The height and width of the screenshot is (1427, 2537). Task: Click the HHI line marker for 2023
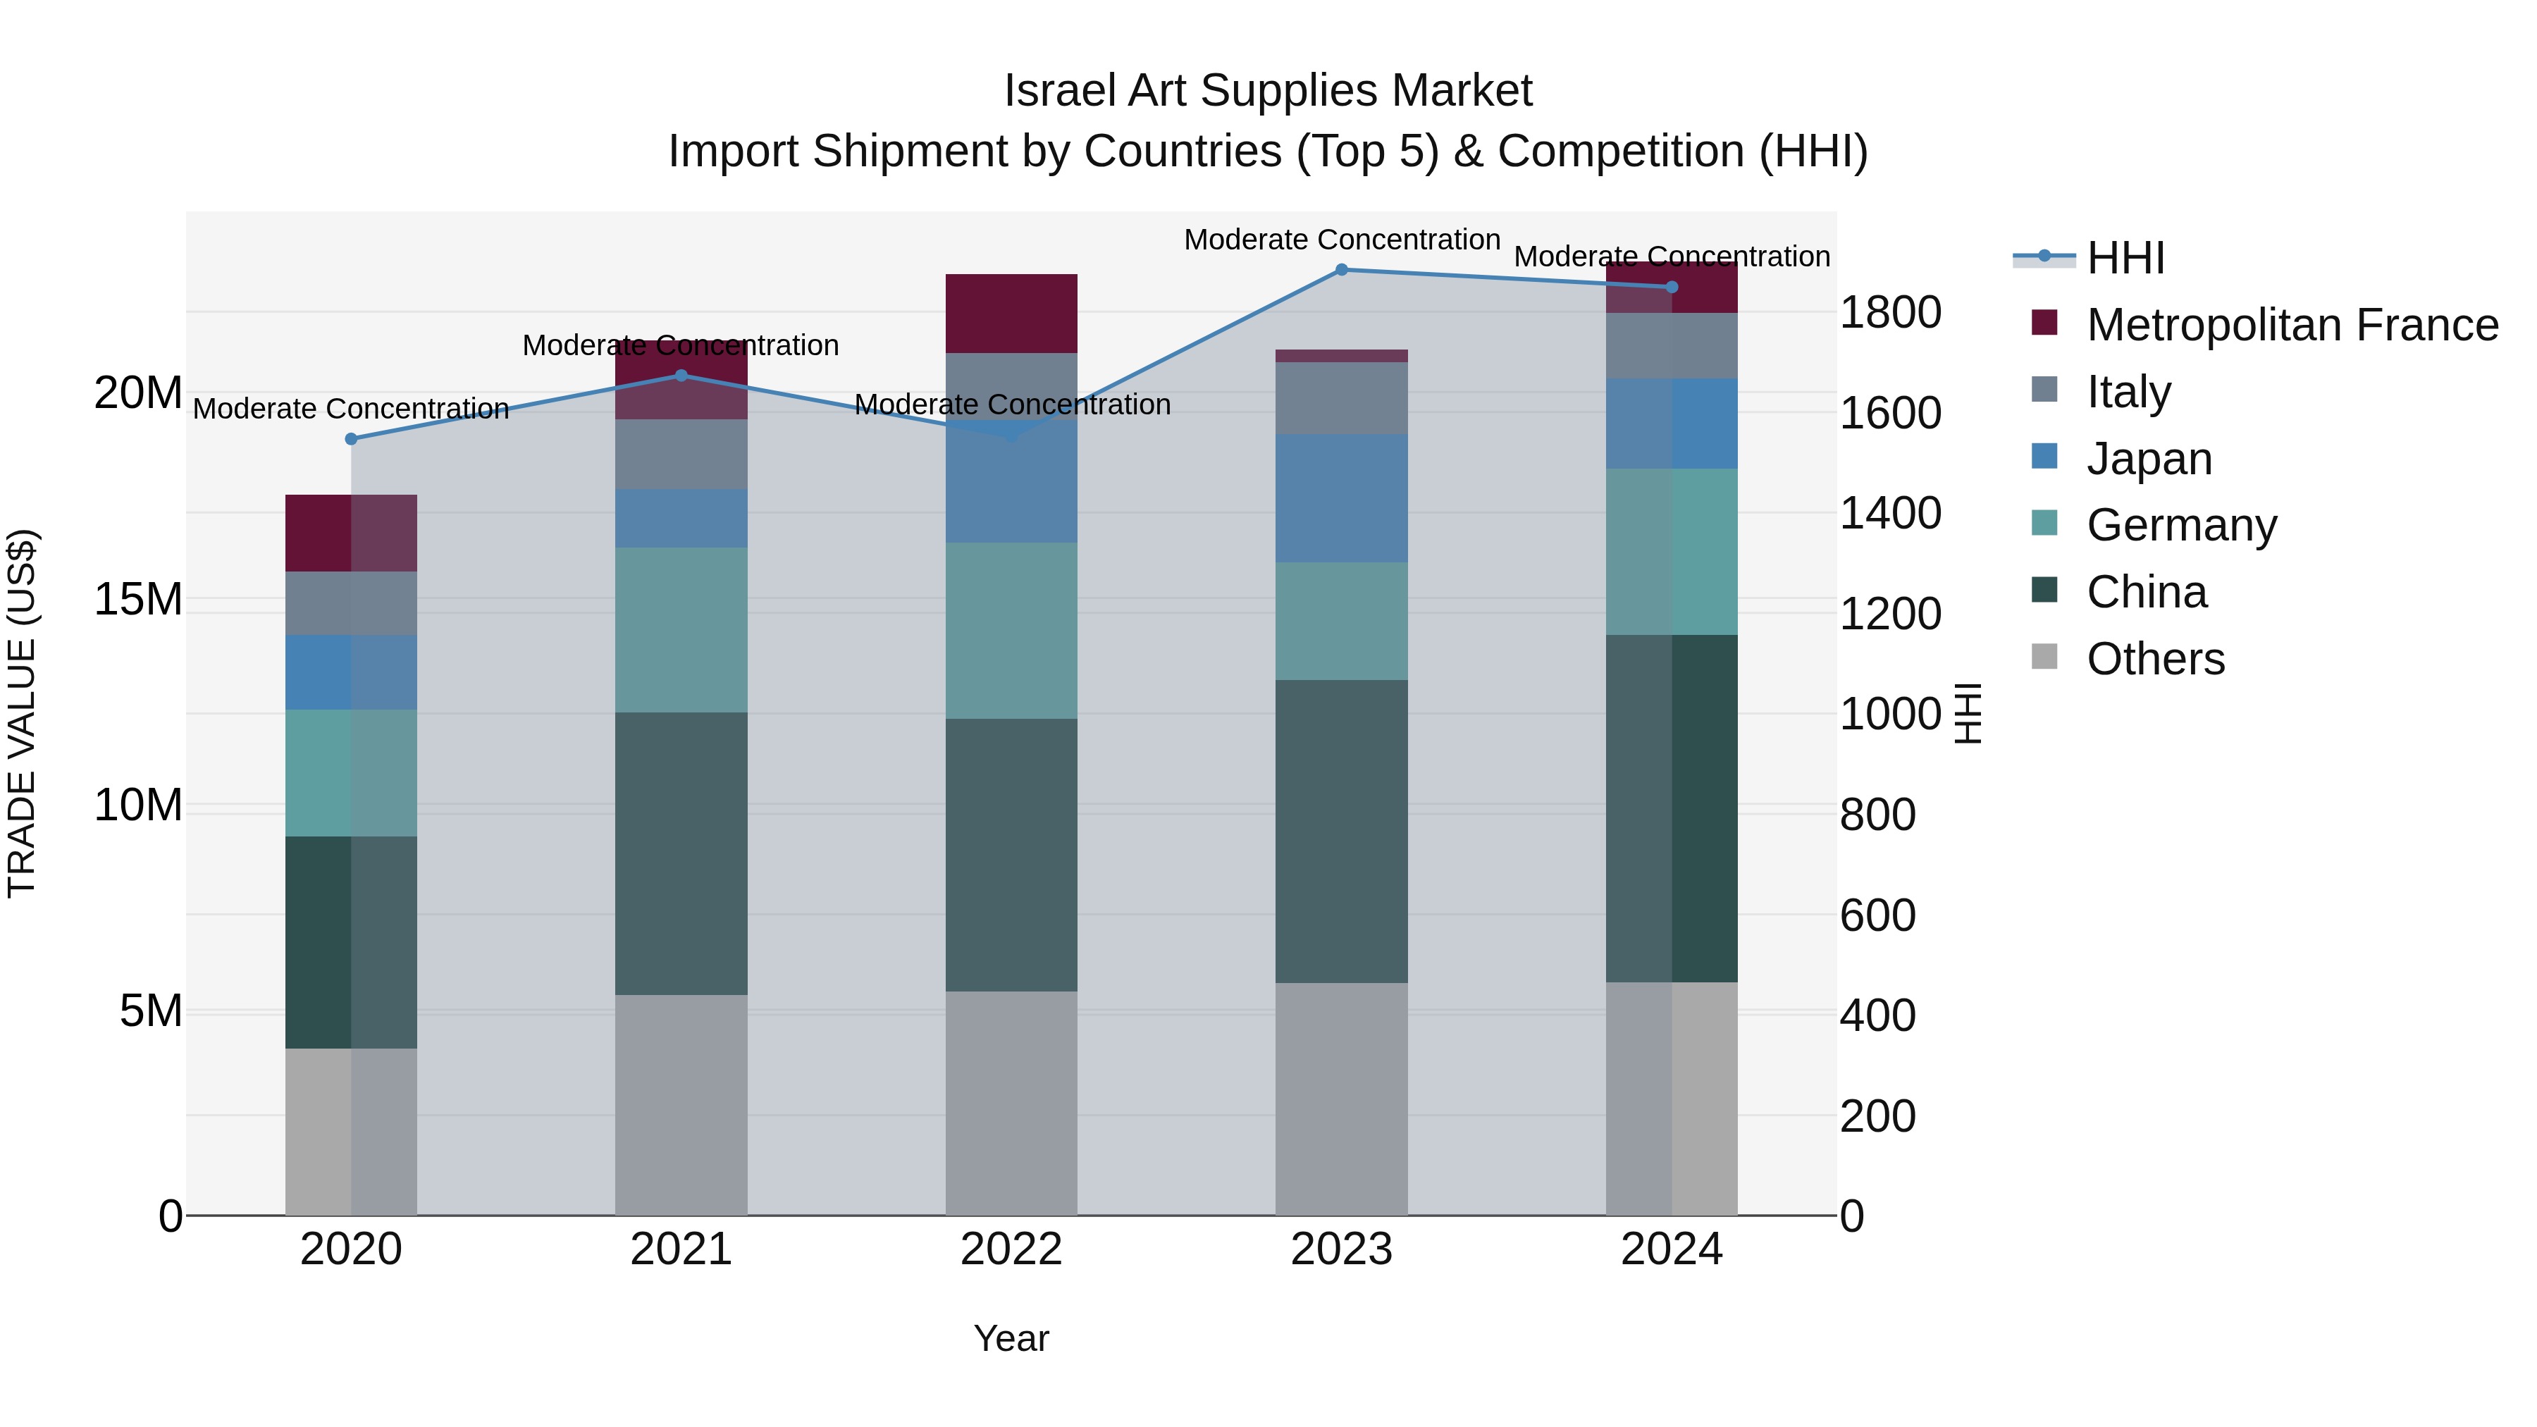point(1341,270)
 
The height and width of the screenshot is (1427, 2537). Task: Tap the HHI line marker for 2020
point(351,439)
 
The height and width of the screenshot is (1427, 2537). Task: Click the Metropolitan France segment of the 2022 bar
point(1011,313)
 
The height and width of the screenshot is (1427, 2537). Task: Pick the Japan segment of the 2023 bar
point(1341,498)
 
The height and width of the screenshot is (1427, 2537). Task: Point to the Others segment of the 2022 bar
point(1011,1103)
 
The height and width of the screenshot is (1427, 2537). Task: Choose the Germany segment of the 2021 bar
point(681,630)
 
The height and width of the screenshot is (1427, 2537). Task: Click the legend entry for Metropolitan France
point(2292,325)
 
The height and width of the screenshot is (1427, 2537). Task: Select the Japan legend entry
point(2149,459)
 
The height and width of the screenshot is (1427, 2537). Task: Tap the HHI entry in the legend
point(2125,258)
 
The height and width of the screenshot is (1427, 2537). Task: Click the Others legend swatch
point(2044,657)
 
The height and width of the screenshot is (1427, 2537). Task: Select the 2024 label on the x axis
point(1672,1249)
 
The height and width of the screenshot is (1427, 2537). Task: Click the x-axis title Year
point(1011,1338)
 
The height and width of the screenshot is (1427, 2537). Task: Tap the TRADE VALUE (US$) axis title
point(22,713)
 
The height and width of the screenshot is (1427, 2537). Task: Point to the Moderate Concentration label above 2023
point(1341,240)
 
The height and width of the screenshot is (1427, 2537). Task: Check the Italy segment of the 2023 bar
point(1341,398)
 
